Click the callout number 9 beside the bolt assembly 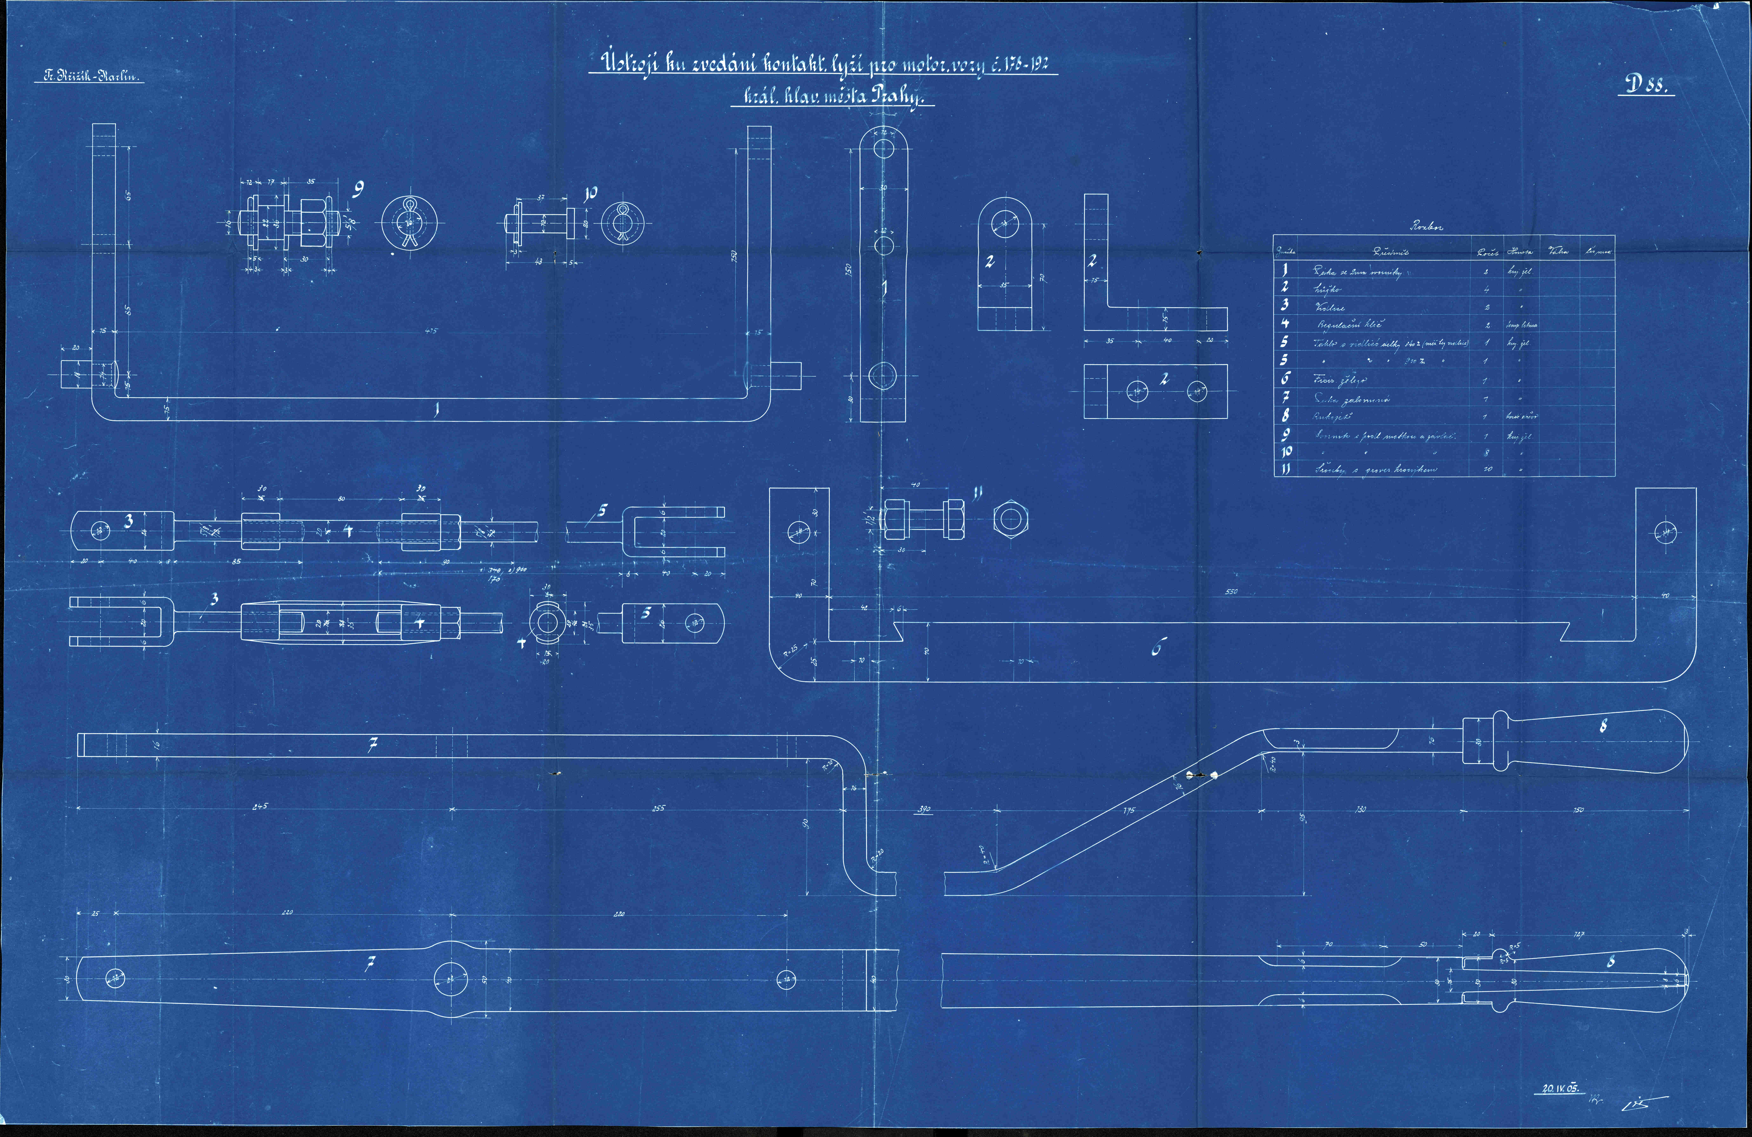(x=358, y=191)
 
